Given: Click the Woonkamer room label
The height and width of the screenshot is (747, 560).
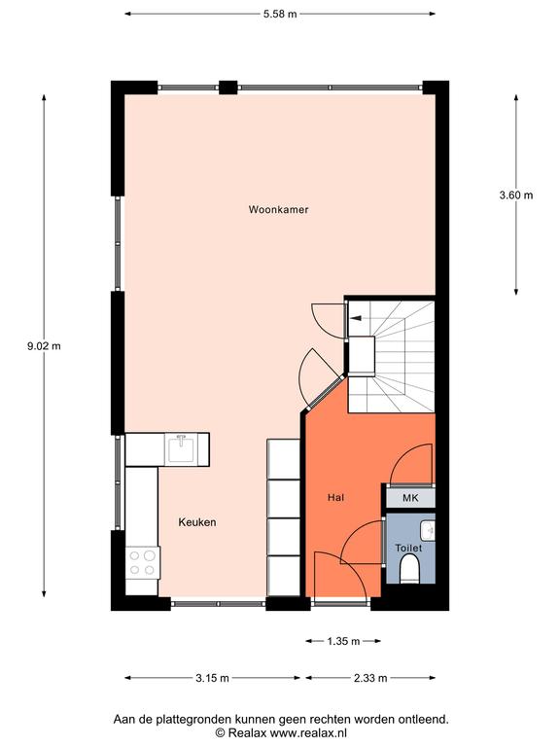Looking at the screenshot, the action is tap(279, 210).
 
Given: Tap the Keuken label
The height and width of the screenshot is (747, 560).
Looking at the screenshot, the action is tap(197, 522).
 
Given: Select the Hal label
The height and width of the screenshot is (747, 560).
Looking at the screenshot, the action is tap(335, 497).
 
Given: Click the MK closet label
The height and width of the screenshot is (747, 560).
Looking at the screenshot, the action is tap(410, 498).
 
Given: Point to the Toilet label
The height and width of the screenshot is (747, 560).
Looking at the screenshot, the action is tap(408, 548).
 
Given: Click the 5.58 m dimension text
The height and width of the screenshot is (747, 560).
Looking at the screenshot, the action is tap(280, 14).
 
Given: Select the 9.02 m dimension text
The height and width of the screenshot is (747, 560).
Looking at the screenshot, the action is tap(44, 346).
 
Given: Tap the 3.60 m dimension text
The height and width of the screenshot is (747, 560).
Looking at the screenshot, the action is tap(516, 195).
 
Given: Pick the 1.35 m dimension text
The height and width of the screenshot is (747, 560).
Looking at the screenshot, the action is tap(343, 641).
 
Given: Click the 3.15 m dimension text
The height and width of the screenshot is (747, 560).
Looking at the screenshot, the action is tap(212, 678).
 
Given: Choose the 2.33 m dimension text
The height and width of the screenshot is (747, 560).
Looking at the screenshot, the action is tap(370, 678).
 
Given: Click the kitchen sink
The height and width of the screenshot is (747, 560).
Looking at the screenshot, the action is tap(181, 449).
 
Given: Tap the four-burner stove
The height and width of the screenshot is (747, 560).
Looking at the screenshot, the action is tap(143, 562).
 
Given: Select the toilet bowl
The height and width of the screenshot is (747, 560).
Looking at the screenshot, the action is tap(409, 571).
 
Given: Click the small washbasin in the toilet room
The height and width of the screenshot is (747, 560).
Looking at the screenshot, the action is tap(428, 530).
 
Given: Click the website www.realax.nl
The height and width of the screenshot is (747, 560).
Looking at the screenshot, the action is tap(308, 732).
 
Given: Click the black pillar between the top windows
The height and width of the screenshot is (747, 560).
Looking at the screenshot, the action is tap(228, 88).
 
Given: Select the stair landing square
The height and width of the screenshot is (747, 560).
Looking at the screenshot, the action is tap(362, 356).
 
